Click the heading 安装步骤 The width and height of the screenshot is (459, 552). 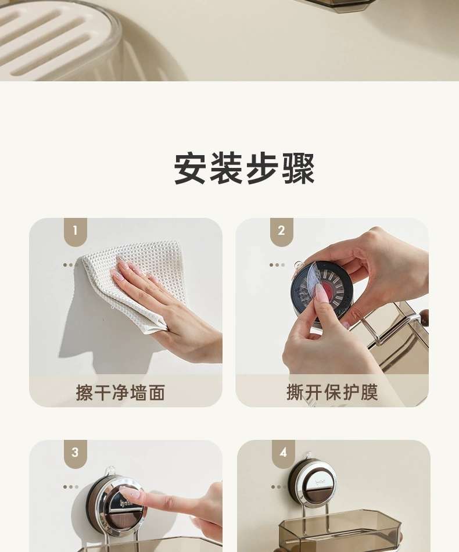[244, 169]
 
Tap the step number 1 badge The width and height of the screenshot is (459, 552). [75, 231]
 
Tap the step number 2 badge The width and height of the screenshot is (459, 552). [281, 231]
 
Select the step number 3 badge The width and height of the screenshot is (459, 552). [75, 453]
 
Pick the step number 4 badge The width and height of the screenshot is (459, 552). [284, 453]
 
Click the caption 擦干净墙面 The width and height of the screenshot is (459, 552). [120, 393]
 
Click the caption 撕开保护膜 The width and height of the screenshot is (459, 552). [332, 392]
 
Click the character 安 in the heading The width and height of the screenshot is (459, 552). [191, 169]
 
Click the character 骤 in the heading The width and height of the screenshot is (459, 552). [299, 169]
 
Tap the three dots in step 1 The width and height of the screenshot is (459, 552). [69, 265]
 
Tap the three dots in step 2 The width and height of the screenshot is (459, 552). [277, 265]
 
